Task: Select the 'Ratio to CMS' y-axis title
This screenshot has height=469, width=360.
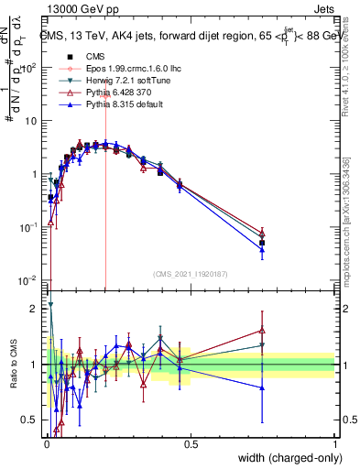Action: [x=12, y=365]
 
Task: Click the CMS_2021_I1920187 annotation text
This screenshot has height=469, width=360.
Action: [x=190, y=273]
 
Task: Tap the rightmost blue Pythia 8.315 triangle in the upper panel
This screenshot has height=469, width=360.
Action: [x=262, y=248]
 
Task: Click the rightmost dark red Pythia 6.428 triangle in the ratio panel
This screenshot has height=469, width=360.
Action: [x=262, y=331]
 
